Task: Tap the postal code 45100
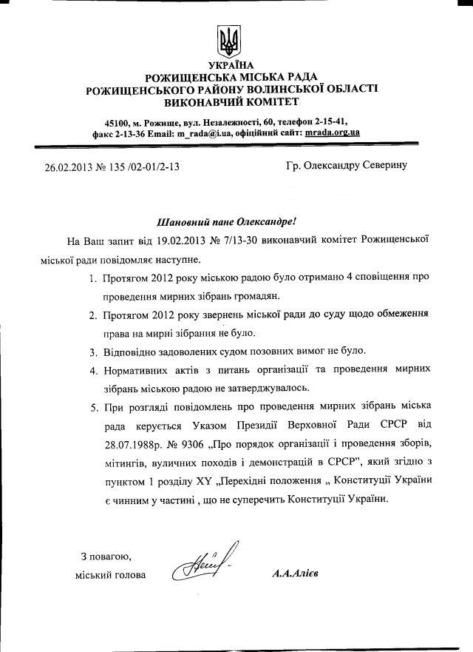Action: coord(119,121)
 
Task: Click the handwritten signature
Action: coord(200,568)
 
